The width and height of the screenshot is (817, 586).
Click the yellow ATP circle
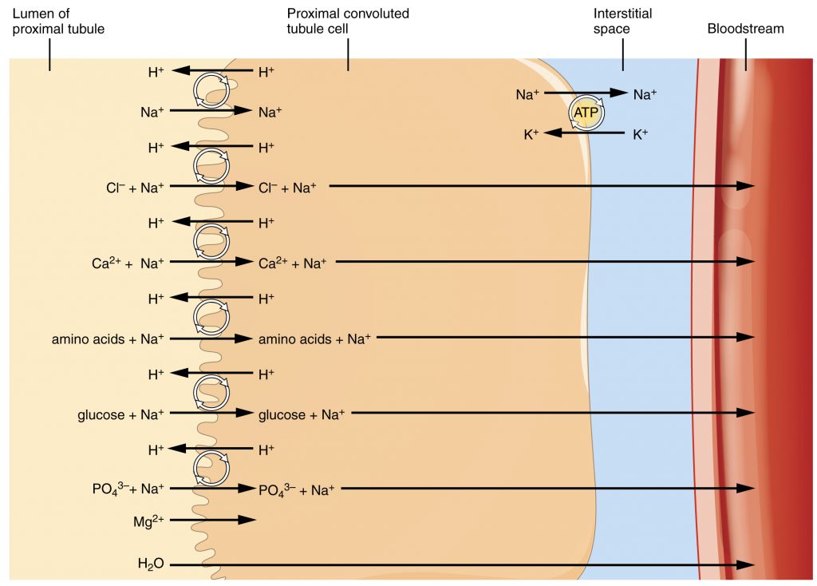click(x=585, y=113)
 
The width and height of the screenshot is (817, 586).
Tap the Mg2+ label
click(x=148, y=522)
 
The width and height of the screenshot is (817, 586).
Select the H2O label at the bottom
click(x=151, y=564)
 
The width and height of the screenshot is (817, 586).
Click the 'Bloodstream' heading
click(x=745, y=29)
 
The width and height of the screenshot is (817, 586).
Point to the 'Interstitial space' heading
click(x=622, y=22)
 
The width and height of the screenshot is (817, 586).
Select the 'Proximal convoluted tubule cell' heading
click(x=348, y=22)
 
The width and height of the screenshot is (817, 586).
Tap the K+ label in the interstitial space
click(x=640, y=134)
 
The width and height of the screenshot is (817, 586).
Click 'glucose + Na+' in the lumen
click(x=120, y=414)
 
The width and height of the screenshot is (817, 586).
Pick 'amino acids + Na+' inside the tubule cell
click(x=314, y=339)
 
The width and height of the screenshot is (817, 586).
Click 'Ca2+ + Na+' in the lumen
click(x=128, y=262)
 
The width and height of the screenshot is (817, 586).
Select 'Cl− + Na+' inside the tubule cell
click(x=287, y=188)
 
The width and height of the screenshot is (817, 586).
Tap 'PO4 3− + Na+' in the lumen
click(x=128, y=489)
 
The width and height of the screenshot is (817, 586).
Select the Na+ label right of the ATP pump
click(x=645, y=94)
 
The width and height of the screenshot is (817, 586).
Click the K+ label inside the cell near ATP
click(x=531, y=134)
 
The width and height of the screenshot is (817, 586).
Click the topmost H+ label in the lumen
click(x=156, y=72)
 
